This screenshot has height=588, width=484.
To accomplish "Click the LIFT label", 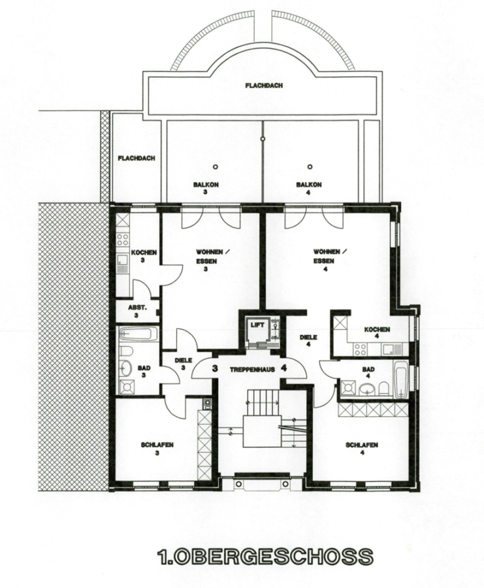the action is click(x=257, y=325).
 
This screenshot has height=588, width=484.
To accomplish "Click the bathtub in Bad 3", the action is click(x=138, y=334).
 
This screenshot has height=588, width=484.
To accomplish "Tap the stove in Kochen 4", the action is click(x=361, y=350).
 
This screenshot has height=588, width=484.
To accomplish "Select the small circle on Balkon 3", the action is click(x=215, y=167).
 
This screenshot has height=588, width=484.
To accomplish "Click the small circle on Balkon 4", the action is click(x=310, y=167).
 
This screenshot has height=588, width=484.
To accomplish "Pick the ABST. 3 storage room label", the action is click(x=138, y=311).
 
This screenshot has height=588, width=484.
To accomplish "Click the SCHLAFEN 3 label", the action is click(x=157, y=448).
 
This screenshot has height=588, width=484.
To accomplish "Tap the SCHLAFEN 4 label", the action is click(x=362, y=448).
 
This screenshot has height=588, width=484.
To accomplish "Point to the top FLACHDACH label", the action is click(x=264, y=86).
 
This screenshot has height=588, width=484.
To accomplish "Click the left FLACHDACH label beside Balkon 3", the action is click(x=137, y=158).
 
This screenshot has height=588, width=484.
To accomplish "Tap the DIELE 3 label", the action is click(x=184, y=364).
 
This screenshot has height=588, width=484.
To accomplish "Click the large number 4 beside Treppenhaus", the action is click(x=284, y=368).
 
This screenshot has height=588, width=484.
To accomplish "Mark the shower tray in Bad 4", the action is click(x=349, y=387).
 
